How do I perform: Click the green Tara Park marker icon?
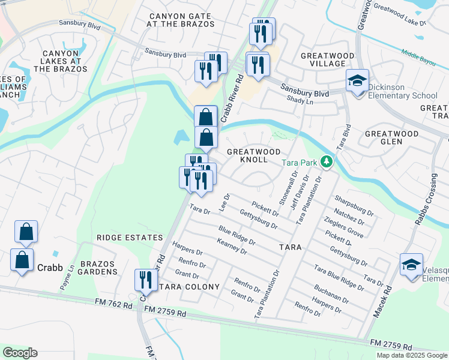pyautogui.click(x=326, y=161)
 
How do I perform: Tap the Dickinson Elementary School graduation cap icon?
pyautogui.click(x=357, y=80)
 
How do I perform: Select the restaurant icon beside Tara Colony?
pyautogui.click(x=145, y=280)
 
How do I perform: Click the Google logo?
pyautogui.click(x=20, y=353)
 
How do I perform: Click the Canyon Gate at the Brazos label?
pyautogui.click(x=181, y=19)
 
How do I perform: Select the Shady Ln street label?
pyautogui.click(x=300, y=100)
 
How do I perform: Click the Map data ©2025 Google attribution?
pyautogui.click(x=411, y=355)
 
